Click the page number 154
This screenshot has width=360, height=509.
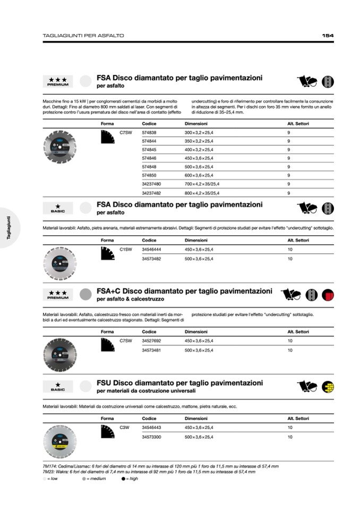click(328, 36)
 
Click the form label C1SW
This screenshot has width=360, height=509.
click(126, 249)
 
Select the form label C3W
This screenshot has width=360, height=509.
click(125, 427)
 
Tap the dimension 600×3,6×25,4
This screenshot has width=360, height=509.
click(199, 175)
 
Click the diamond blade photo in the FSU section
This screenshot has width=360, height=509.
click(59, 442)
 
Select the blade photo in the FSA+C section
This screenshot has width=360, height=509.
click(59, 354)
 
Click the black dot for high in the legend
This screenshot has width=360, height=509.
click(124, 479)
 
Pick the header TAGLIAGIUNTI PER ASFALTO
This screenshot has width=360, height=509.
click(83, 36)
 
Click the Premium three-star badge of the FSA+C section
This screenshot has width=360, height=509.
click(57, 295)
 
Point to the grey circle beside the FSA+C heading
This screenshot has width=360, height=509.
click(85, 294)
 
